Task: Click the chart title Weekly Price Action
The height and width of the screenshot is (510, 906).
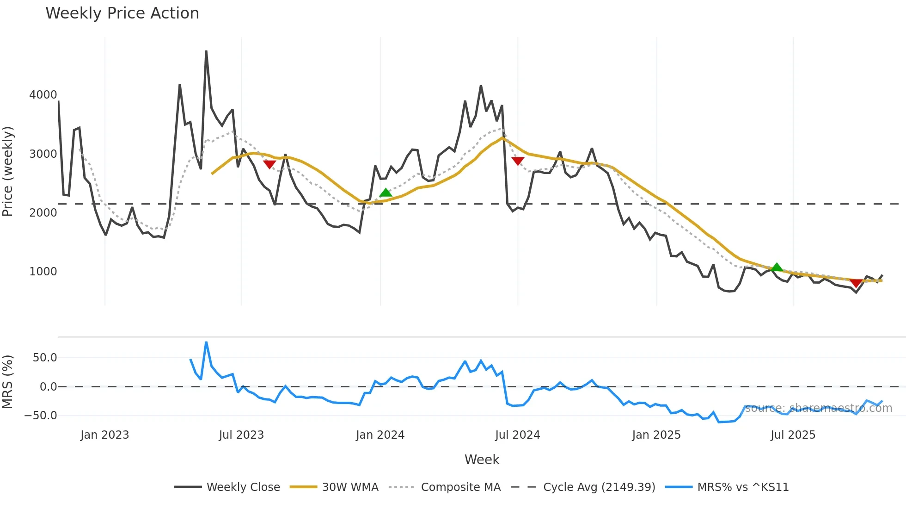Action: coord(122,13)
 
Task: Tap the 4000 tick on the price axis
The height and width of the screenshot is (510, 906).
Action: coord(43,95)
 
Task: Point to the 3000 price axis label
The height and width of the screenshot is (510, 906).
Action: coord(43,154)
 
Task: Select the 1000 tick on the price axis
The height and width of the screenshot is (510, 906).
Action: coord(43,271)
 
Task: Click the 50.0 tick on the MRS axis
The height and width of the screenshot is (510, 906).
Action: coord(45,357)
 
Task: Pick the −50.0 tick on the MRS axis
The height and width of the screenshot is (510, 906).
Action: coord(41,415)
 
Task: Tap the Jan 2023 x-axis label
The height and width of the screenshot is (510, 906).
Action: coord(104,435)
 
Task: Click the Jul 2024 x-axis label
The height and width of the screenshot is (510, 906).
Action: coord(517,435)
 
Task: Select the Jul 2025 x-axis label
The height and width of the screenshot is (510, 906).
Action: coord(793,435)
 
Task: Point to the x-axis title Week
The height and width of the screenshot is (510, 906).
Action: coord(482,460)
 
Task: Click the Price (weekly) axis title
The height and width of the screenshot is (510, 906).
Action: coord(8,171)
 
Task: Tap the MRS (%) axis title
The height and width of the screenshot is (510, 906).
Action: coord(8,382)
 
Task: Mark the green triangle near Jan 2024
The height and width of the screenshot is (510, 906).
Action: coord(386,193)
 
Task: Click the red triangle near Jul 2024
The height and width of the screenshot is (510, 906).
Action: coord(518,161)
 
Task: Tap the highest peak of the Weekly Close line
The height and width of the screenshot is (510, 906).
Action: coord(206,51)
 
